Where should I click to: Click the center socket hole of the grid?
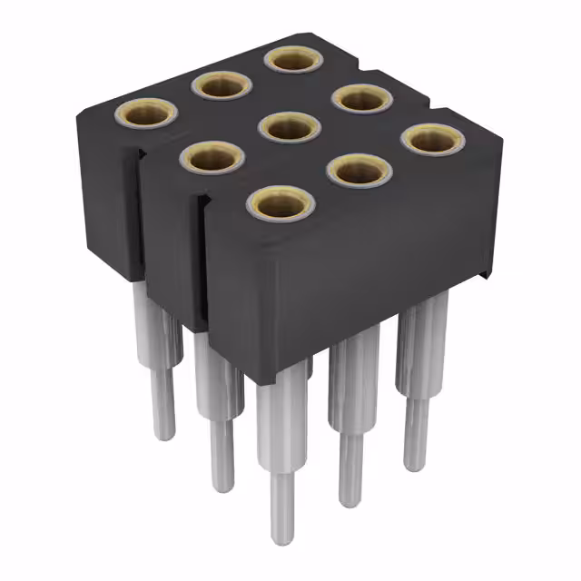coord(290,128)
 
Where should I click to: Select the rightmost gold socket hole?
coord(432,139)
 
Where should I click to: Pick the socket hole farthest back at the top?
coord(292,61)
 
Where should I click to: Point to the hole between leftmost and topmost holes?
coord(220,86)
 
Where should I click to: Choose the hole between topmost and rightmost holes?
coord(362,97)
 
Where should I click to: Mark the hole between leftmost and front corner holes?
coord(213,158)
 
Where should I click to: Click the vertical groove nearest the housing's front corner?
coord(202,263)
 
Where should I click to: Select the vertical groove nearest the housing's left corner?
coord(142,218)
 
